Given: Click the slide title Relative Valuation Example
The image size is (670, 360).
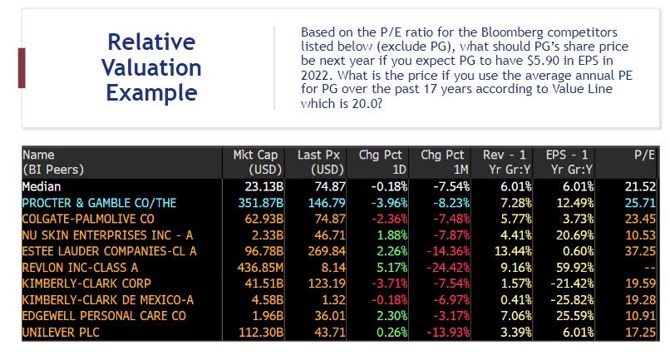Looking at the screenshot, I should [153, 67].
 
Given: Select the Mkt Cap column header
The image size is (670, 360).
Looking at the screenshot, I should [256, 155].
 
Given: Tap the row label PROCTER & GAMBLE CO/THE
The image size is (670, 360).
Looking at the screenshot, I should [99, 203].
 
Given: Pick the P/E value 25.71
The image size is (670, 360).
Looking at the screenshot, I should [640, 203].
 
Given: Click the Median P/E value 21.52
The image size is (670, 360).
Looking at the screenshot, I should [640, 187].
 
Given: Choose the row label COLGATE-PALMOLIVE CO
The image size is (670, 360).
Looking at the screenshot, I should [88, 219].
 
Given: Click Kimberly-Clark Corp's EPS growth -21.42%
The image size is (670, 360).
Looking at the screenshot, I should [569, 284].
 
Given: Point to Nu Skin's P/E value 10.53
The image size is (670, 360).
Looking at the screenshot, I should [640, 235].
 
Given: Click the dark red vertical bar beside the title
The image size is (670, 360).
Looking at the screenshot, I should [22, 67].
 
